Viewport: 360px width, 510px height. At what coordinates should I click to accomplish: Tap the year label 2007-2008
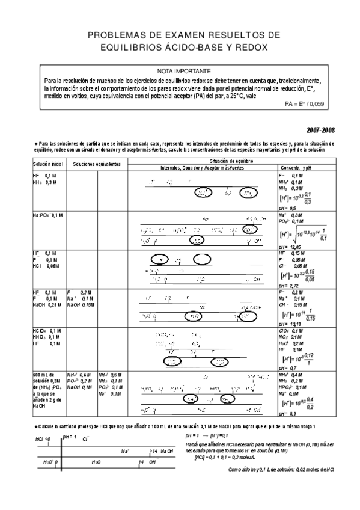pos(320,129)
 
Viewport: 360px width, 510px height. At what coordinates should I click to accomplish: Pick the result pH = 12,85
pos(291,247)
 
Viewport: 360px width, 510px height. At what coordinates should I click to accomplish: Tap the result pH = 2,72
pos(290,286)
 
